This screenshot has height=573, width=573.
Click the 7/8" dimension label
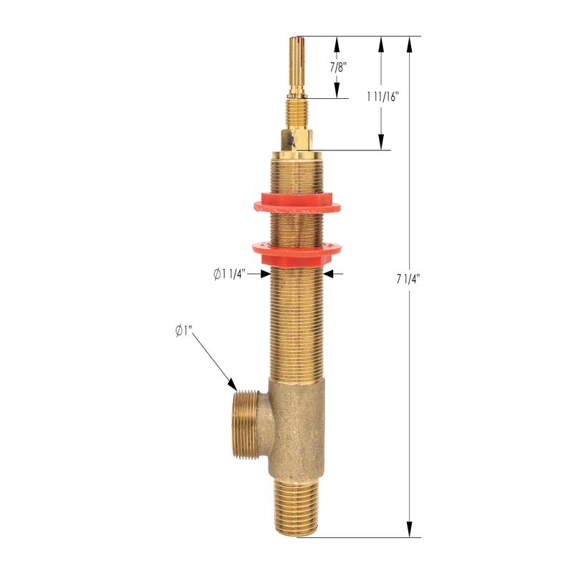pyautogui.click(x=337, y=67)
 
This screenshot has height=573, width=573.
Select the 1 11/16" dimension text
pyautogui.click(x=382, y=97)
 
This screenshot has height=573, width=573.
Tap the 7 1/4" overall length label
pyautogui.click(x=408, y=279)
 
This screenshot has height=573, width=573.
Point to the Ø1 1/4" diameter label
pyautogui.click(x=230, y=274)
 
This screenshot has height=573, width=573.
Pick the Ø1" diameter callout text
pyautogui.click(x=184, y=331)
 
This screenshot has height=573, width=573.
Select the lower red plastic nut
pyautogui.click(x=297, y=253)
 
